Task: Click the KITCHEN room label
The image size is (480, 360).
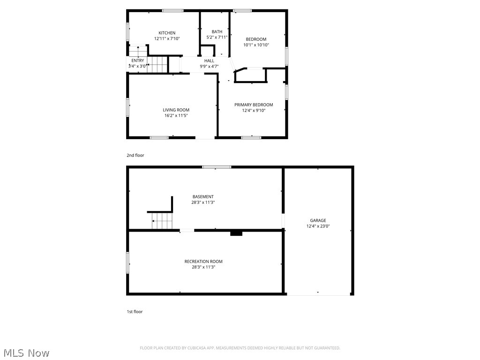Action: [167, 33]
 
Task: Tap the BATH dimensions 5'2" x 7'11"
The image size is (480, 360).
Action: [217, 37]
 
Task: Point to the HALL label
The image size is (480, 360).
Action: [209, 60]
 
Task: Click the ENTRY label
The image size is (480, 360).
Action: [138, 60]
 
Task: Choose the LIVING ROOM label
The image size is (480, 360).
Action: [176, 110]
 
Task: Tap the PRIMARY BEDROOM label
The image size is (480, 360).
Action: [254, 105]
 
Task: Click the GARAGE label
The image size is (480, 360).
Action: [318, 220]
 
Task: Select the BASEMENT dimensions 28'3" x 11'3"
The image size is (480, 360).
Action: [203, 202]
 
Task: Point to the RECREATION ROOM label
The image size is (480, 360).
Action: [203, 261]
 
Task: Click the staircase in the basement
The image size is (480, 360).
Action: [162, 220]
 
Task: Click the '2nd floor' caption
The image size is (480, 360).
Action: [135, 155]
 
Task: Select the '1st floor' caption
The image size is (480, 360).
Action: [135, 312]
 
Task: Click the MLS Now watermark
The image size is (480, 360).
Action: [26, 352]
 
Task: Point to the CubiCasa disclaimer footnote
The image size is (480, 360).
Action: [240, 348]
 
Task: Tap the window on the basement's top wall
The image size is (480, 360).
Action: [217, 167]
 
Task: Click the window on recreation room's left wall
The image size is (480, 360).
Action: [127, 262]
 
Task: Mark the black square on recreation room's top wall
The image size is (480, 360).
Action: [236, 232]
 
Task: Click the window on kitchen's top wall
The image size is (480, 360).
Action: [173, 10]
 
